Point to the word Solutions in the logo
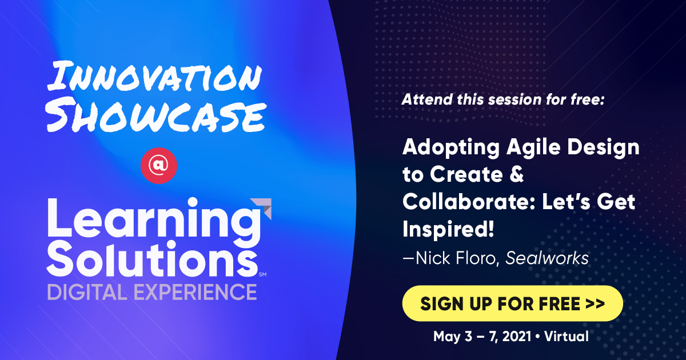(151, 258)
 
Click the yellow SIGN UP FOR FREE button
(512, 303)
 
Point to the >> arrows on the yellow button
(595, 304)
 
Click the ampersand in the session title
(516, 175)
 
